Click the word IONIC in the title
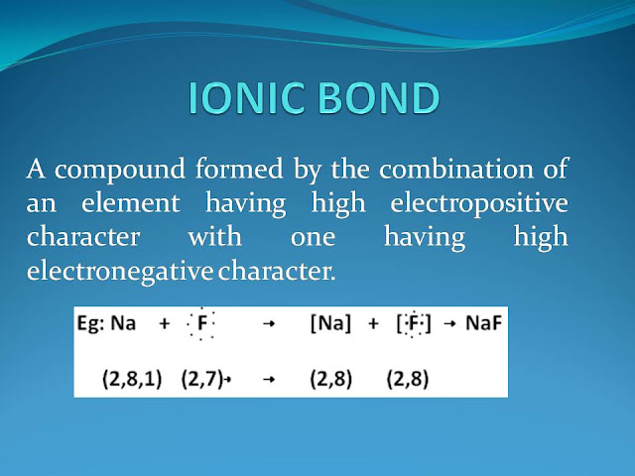pyautogui.click(x=246, y=97)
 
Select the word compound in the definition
pyautogui.click(x=119, y=170)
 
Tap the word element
pyautogui.click(x=131, y=202)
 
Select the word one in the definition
pyautogui.click(x=313, y=238)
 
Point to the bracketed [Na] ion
pyautogui.click(x=330, y=323)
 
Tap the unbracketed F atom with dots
pyautogui.click(x=200, y=323)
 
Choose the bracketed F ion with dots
pyautogui.click(x=414, y=323)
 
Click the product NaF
pyautogui.click(x=483, y=323)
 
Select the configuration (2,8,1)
pyautogui.click(x=132, y=379)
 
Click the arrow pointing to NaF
pyautogui.click(x=449, y=324)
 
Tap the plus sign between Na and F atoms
pyautogui.click(x=164, y=324)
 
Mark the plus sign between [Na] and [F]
pyautogui.click(x=373, y=323)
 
